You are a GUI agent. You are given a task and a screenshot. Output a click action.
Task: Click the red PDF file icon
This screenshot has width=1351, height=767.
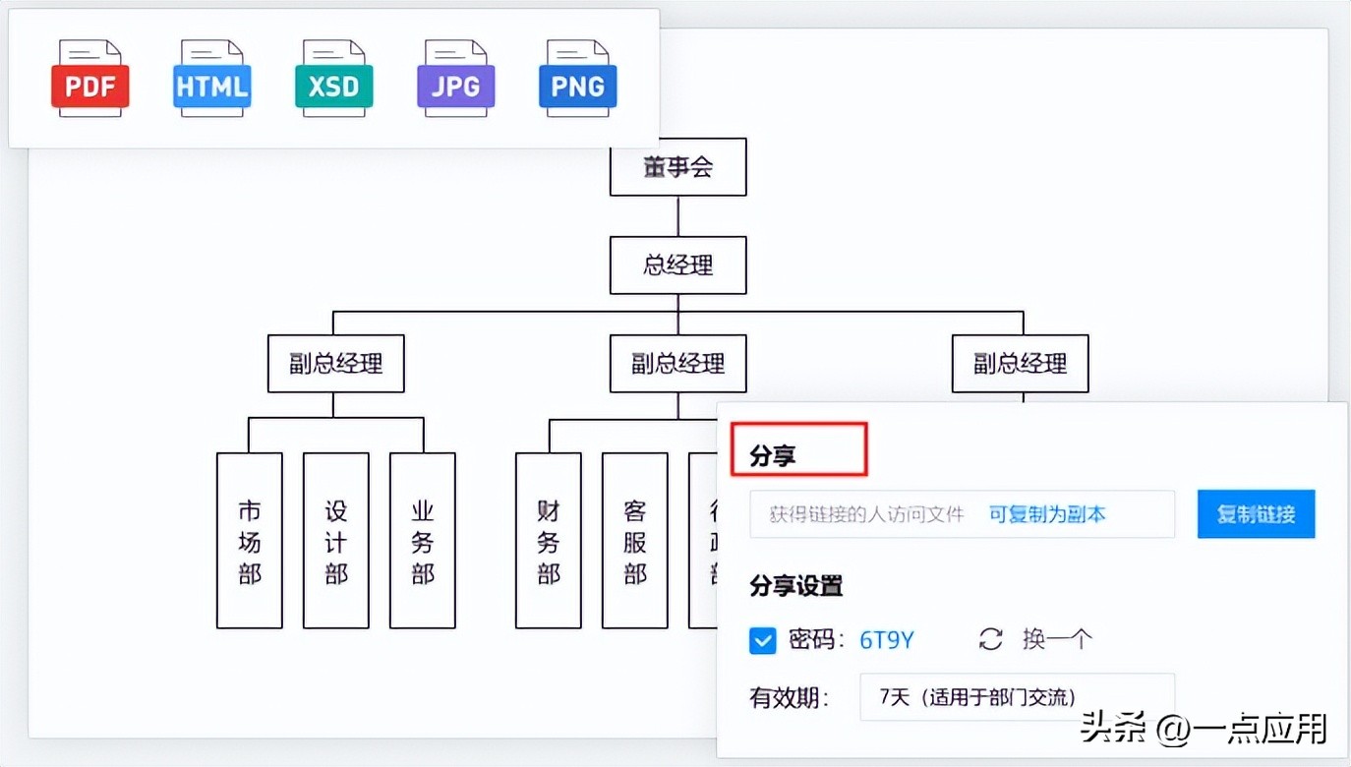coord(89,80)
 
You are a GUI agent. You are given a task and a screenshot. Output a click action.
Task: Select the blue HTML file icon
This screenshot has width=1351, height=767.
coord(211,80)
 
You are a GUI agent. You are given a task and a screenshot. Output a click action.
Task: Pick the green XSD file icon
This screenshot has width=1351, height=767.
coord(333,80)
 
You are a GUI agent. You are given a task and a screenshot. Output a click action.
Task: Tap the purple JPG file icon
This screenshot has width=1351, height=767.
coord(455,80)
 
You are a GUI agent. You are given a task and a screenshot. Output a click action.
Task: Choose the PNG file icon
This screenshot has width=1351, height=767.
coord(577,80)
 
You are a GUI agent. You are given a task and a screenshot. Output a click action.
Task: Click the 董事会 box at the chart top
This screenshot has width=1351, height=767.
coord(677,167)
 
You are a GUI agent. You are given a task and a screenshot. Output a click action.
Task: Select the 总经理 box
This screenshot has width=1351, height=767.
coord(677,265)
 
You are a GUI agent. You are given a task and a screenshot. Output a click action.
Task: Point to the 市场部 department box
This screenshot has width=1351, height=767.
coord(250,541)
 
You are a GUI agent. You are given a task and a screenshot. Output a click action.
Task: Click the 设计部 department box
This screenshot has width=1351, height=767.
coord(336,541)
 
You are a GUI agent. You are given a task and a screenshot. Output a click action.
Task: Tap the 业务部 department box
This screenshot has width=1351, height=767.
coord(423,541)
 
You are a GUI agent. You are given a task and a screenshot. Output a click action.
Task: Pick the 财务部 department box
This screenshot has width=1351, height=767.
coord(549,541)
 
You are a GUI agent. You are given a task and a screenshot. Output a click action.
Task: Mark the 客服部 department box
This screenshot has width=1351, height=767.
coord(635,541)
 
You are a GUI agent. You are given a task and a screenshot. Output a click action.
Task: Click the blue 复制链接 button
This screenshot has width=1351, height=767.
coord(1256,514)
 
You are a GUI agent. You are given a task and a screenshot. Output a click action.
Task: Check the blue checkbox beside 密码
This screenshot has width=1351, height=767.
coord(763,641)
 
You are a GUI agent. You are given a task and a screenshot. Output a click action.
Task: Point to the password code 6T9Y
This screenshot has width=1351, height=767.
coord(887,641)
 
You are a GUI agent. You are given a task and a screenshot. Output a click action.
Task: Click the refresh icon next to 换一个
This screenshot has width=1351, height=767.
coord(990,640)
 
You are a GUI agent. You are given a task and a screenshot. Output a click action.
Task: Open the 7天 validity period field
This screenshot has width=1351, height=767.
coord(1017,697)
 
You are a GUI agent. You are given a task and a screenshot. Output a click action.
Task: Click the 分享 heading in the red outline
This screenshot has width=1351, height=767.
coord(773,456)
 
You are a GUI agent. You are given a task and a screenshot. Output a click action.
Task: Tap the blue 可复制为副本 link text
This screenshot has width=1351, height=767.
coord(1047,514)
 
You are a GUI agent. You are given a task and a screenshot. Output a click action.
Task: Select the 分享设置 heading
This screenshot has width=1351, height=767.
coord(796,587)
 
